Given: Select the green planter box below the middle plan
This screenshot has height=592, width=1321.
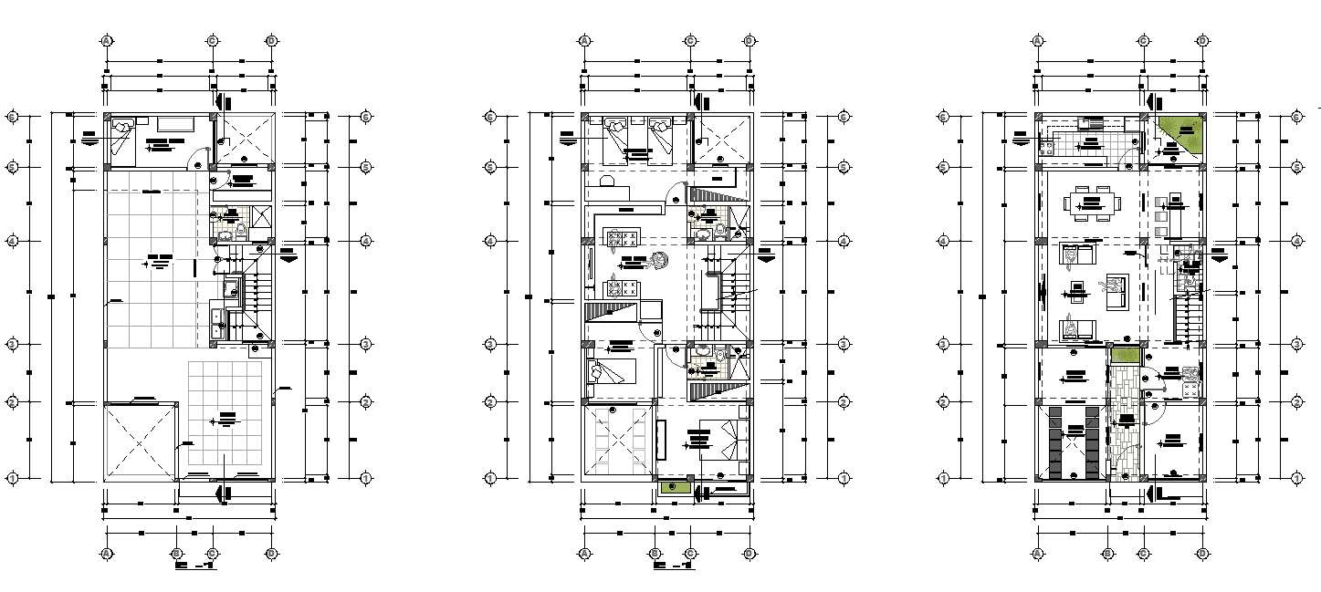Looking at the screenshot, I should (x=674, y=488).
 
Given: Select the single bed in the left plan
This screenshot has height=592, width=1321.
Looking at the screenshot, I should (x=122, y=140).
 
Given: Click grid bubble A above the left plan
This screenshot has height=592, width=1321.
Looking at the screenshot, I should (x=107, y=41).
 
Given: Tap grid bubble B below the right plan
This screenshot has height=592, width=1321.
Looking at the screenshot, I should (x=1107, y=553).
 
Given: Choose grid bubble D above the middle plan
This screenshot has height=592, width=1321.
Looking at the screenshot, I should (x=749, y=41).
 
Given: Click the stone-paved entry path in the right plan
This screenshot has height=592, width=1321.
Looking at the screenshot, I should (x=1125, y=420).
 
